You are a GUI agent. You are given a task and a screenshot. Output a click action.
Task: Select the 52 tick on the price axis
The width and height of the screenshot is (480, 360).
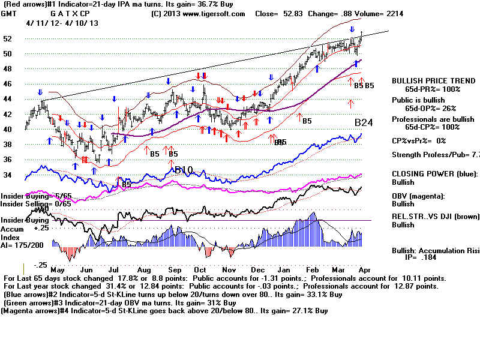(8, 38)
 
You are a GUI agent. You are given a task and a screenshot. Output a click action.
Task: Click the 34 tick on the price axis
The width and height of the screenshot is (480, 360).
(8, 175)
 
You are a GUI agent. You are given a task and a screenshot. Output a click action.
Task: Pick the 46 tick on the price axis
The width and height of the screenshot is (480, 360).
(8, 84)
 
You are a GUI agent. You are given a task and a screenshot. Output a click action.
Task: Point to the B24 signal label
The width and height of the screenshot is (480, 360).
(364, 123)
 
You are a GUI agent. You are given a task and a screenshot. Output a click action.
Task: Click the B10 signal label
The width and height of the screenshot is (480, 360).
(184, 170)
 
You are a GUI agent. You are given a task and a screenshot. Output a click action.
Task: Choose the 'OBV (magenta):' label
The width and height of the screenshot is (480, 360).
(419, 196)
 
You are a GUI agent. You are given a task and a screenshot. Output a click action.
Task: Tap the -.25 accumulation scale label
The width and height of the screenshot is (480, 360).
(25, 265)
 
